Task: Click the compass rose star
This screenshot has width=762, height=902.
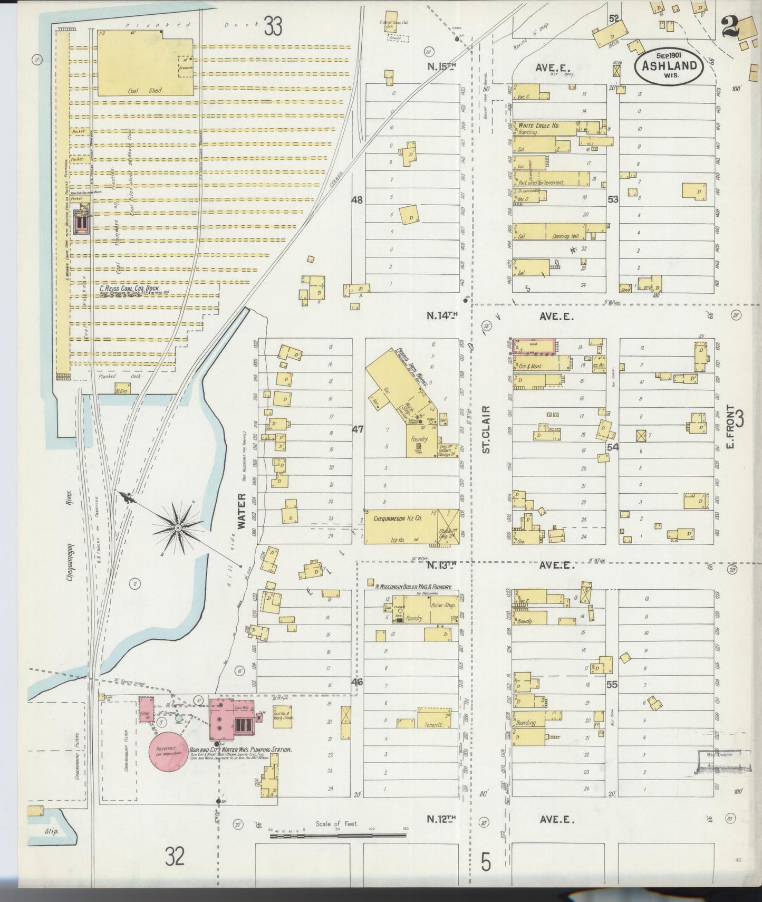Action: pyautogui.click(x=178, y=527)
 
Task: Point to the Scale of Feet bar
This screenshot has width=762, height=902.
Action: pyautogui.click(x=337, y=834)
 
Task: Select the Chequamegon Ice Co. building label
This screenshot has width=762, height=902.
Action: pyautogui.click(x=398, y=519)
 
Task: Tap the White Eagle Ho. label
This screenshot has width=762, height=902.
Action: pyautogui.click(x=538, y=126)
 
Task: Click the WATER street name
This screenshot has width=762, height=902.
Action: pyautogui.click(x=242, y=511)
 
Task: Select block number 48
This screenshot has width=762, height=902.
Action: pyautogui.click(x=357, y=200)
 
